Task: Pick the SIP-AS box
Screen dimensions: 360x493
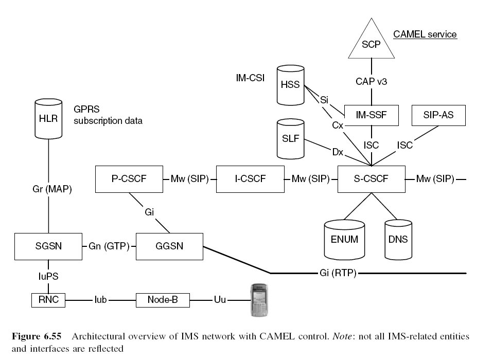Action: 439,116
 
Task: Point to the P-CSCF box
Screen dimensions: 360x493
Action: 129,179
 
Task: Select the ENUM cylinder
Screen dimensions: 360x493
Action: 345,239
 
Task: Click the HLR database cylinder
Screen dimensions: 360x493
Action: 48,119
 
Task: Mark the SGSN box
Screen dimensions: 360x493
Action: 48,246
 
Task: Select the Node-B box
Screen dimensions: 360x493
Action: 163,299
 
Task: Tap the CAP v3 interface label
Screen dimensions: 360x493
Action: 371,81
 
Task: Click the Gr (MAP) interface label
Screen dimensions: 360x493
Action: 48,189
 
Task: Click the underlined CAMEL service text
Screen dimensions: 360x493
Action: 425,34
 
